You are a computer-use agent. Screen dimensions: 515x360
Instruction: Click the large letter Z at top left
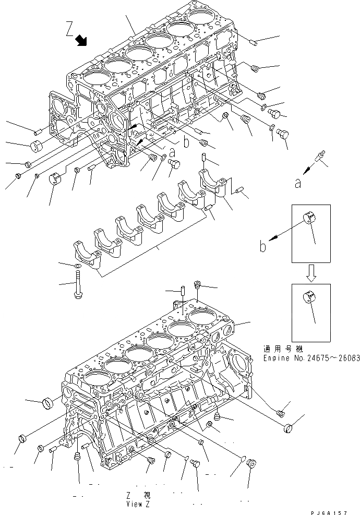pyautogui.click(x=70, y=28)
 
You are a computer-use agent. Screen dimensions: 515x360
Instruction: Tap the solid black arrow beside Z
pyautogui.click(x=81, y=40)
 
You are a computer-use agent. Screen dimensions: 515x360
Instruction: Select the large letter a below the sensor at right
pyautogui.click(x=297, y=184)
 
